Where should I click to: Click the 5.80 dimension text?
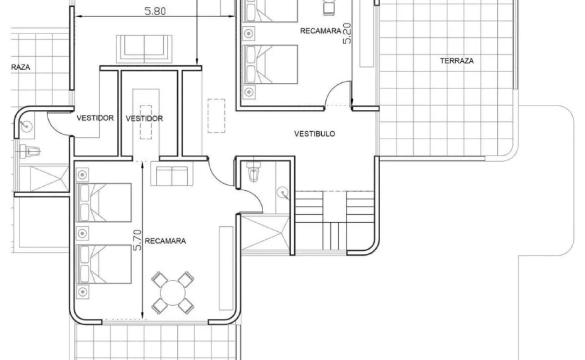[x=155, y=11]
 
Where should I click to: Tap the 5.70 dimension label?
[x=137, y=240]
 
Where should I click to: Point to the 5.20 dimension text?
[x=347, y=33]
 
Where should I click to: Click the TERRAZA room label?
[x=457, y=61]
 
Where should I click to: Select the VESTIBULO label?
[x=315, y=134]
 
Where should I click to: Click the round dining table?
[x=173, y=292]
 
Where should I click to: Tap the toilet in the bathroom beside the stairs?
[x=253, y=171]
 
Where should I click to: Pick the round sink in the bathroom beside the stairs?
[x=283, y=193]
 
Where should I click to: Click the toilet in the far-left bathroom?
[x=30, y=151]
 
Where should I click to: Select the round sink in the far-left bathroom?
[x=27, y=127]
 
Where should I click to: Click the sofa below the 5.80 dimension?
[x=144, y=49]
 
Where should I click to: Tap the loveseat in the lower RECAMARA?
[x=172, y=174]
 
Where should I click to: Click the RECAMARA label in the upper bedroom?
[x=320, y=31]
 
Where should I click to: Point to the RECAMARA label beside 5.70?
[x=165, y=241]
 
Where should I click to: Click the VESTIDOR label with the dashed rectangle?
[x=144, y=119]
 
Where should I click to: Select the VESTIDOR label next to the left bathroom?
[x=95, y=118]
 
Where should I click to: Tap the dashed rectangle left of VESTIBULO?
[x=216, y=116]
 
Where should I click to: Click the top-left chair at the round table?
[x=160, y=279]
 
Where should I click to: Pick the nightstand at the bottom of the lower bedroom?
[x=82, y=291]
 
